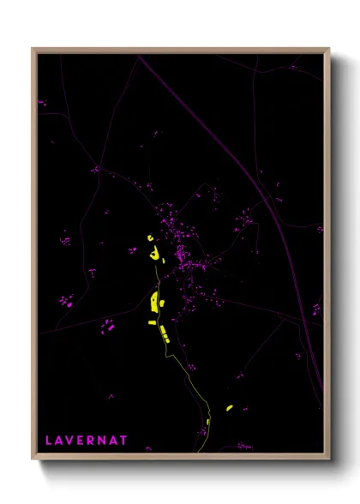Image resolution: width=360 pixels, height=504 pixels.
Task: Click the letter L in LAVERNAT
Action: click(x=49, y=440)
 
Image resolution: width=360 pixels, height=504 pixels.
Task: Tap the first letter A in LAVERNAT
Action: click(x=59, y=440)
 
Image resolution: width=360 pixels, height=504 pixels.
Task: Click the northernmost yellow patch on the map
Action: click(x=150, y=237)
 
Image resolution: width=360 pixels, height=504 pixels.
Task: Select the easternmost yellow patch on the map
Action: click(x=229, y=408)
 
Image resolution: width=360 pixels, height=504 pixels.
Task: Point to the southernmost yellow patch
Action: click(x=208, y=422)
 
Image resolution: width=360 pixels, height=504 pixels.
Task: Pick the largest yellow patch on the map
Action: click(x=155, y=301)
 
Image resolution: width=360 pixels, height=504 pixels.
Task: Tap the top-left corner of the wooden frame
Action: click(x=33, y=49)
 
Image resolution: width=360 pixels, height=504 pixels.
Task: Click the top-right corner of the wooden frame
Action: click(x=328, y=49)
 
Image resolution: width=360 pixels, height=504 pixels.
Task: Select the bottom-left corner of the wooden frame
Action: click(x=33, y=459)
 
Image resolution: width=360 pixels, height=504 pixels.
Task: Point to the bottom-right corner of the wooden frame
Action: click(x=328, y=459)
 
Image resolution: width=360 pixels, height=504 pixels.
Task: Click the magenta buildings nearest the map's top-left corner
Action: click(x=41, y=103)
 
